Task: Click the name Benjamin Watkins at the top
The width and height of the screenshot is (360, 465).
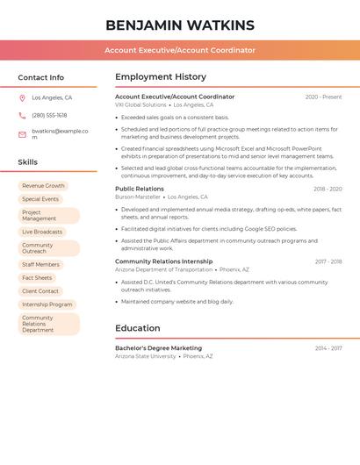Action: [180, 25]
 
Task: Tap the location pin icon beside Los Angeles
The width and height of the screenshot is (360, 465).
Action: [22, 98]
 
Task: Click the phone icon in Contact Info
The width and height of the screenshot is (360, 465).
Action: [22, 115]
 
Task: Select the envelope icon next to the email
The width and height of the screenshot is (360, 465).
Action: [22, 134]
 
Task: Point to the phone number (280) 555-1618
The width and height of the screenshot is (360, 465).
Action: [49, 115]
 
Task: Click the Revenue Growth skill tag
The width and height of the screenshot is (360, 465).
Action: [43, 186]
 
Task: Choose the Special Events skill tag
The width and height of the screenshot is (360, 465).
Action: [40, 199]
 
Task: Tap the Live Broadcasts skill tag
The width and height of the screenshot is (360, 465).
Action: [42, 232]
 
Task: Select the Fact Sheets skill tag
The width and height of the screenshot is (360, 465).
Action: [37, 278]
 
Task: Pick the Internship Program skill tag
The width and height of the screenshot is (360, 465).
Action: [47, 304]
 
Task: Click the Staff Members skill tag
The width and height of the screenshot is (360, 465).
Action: [40, 264]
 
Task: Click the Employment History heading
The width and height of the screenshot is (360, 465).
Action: [161, 77]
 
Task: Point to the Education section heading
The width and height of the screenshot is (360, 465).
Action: [138, 328]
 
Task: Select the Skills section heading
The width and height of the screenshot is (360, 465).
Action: [28, 162]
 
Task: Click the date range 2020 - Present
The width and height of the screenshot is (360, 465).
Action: [323, 97]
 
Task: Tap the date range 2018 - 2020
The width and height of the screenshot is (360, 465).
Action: [328, 189]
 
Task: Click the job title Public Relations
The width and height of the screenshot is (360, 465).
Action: [140, 189]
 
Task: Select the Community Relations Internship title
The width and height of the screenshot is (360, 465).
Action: [164, 261]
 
